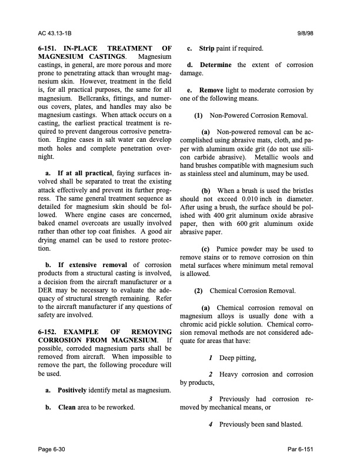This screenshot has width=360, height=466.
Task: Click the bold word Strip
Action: (206, 48)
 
